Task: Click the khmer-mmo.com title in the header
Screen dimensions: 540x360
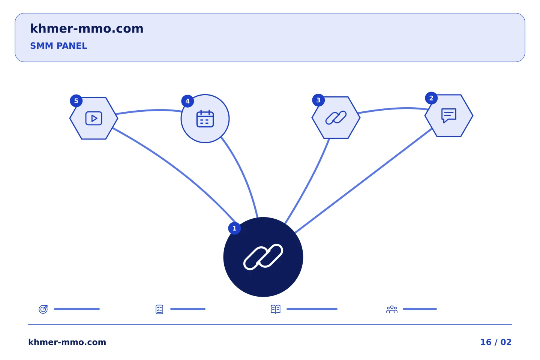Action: tap(87, 28)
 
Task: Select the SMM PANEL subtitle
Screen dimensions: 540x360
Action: tap(58, 46)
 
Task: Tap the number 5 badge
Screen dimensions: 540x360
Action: tap(76, 101)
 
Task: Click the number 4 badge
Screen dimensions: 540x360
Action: tap(187, 101)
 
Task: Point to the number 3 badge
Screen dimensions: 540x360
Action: tap(318, 100)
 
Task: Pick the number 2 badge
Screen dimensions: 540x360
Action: tap(431, 98)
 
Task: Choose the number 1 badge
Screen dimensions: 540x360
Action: tap(234, 228)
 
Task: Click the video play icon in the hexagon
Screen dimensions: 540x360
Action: tap(94, 118)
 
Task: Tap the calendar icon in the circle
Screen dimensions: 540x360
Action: tap(205, 118)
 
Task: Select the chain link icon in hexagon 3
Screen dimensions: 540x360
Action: tap(336, 118)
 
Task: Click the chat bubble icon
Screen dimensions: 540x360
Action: tap(449, 115)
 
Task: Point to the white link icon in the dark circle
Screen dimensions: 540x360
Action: tap(263, 257)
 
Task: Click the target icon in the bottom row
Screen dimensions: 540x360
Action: tap(43, 309)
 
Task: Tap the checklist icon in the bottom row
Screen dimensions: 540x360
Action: tap(159, 309)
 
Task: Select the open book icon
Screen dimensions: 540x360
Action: tap(276, 309)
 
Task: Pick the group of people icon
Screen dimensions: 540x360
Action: tap(392, 309)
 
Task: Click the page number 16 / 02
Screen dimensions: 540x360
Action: tap(496, 342)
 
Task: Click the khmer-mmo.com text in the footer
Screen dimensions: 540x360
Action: tap(67, 342)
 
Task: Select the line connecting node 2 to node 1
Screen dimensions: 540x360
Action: tap(363, 181)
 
